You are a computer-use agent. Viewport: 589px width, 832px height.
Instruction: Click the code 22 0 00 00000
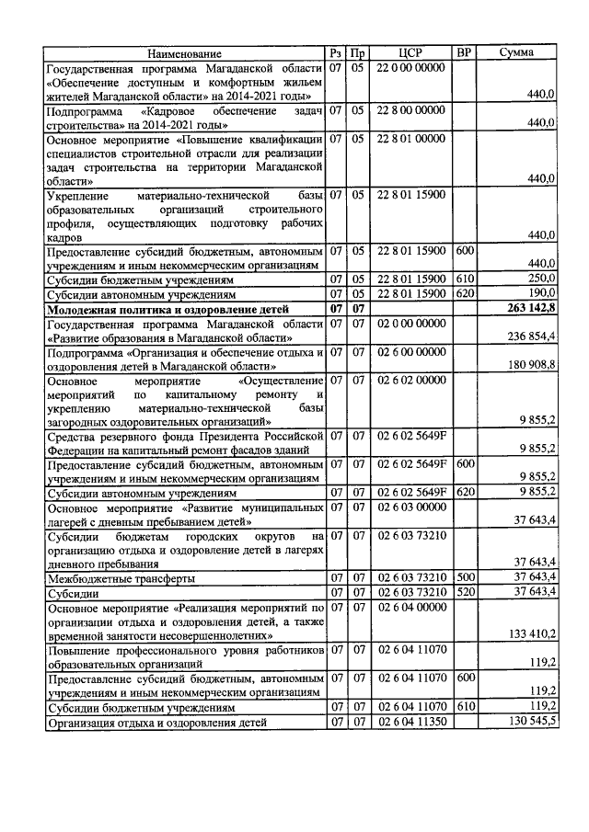(410, 69)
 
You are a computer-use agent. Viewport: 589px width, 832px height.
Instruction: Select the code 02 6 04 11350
(410, 723)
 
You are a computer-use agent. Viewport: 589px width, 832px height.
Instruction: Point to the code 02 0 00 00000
(410, 325)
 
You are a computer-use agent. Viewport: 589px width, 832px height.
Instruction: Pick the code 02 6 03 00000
(410, 506)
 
